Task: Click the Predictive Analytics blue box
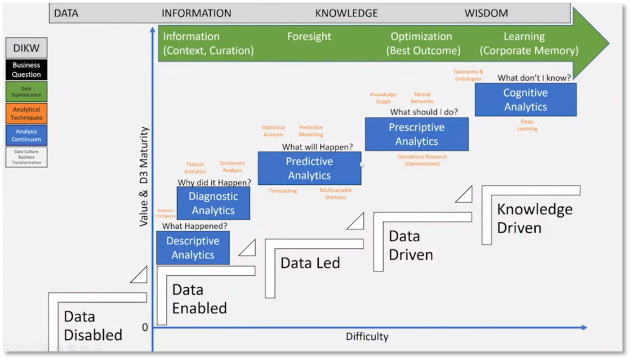coord(309,168)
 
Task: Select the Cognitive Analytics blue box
coord(525,100)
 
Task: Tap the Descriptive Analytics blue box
coord(193,248)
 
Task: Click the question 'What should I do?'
coord(424,112)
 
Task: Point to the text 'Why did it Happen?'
coord(214,182)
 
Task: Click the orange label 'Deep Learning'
coord(527,125)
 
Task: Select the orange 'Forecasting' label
coord(283,191)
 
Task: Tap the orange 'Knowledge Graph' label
coord(383,98)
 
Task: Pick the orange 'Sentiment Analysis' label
coord(232,166)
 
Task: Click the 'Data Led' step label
coord(310,263)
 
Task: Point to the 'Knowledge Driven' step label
coord(534,218)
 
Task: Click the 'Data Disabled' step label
coord(93,326)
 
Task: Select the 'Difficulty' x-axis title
coord(367,337)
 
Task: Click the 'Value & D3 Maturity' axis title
coord(144,176)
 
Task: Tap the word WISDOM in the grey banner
coord(486,13)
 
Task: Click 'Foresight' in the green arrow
coord(309,36)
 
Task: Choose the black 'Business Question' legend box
coord(26,70)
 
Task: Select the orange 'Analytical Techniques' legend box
coord(26,113)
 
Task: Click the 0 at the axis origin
coord(145,327)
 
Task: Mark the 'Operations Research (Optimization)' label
coord(422,160)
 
